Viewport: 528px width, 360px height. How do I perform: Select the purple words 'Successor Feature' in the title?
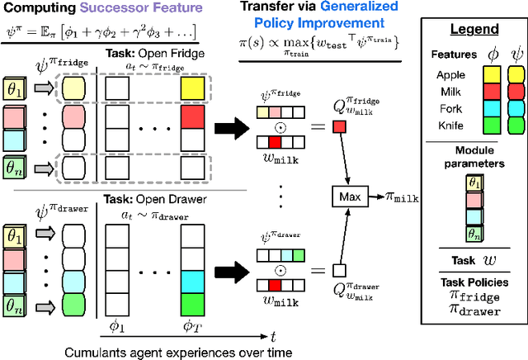[x=121, y=10]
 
